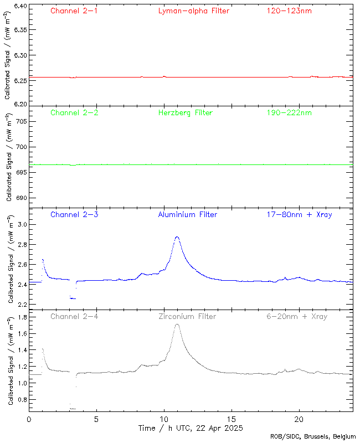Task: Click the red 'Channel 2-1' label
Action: (x=74, y=11)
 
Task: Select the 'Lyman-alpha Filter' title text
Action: (x=193, y=11)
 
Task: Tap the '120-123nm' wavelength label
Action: (x=289, y=11)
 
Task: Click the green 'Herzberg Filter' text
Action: (x=186, y=112)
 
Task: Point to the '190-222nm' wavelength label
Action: (x=289, y=112)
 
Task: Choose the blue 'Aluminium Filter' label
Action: (x=188, y=214)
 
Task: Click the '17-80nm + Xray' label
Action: (x=299, y=214)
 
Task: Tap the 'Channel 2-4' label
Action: (x=74, y=316)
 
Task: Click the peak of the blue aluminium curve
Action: (x=177, y=236)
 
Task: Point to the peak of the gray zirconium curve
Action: (x=177, y=324)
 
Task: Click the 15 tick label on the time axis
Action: (x=232, y=419)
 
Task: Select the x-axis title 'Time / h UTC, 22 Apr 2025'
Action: (x=190, y=428)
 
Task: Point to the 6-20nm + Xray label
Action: (x=296, y=316)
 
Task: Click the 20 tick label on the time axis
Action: (x=299, y=419)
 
